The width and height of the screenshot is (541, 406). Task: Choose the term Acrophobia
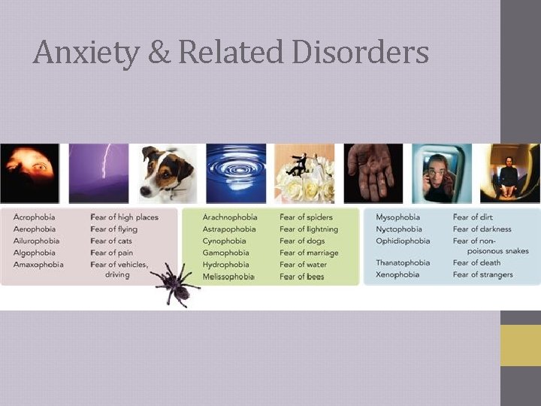[35, 217]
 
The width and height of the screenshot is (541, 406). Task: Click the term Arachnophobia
[230, 217]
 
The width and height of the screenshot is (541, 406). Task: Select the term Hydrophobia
[225, 265]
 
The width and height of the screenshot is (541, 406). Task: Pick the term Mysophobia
[398, 217]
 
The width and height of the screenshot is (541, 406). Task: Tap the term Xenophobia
[397, 274]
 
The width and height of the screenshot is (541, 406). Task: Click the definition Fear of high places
[125, 217]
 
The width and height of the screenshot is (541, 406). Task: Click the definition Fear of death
[476, 262]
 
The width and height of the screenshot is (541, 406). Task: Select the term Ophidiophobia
[403, 241]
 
